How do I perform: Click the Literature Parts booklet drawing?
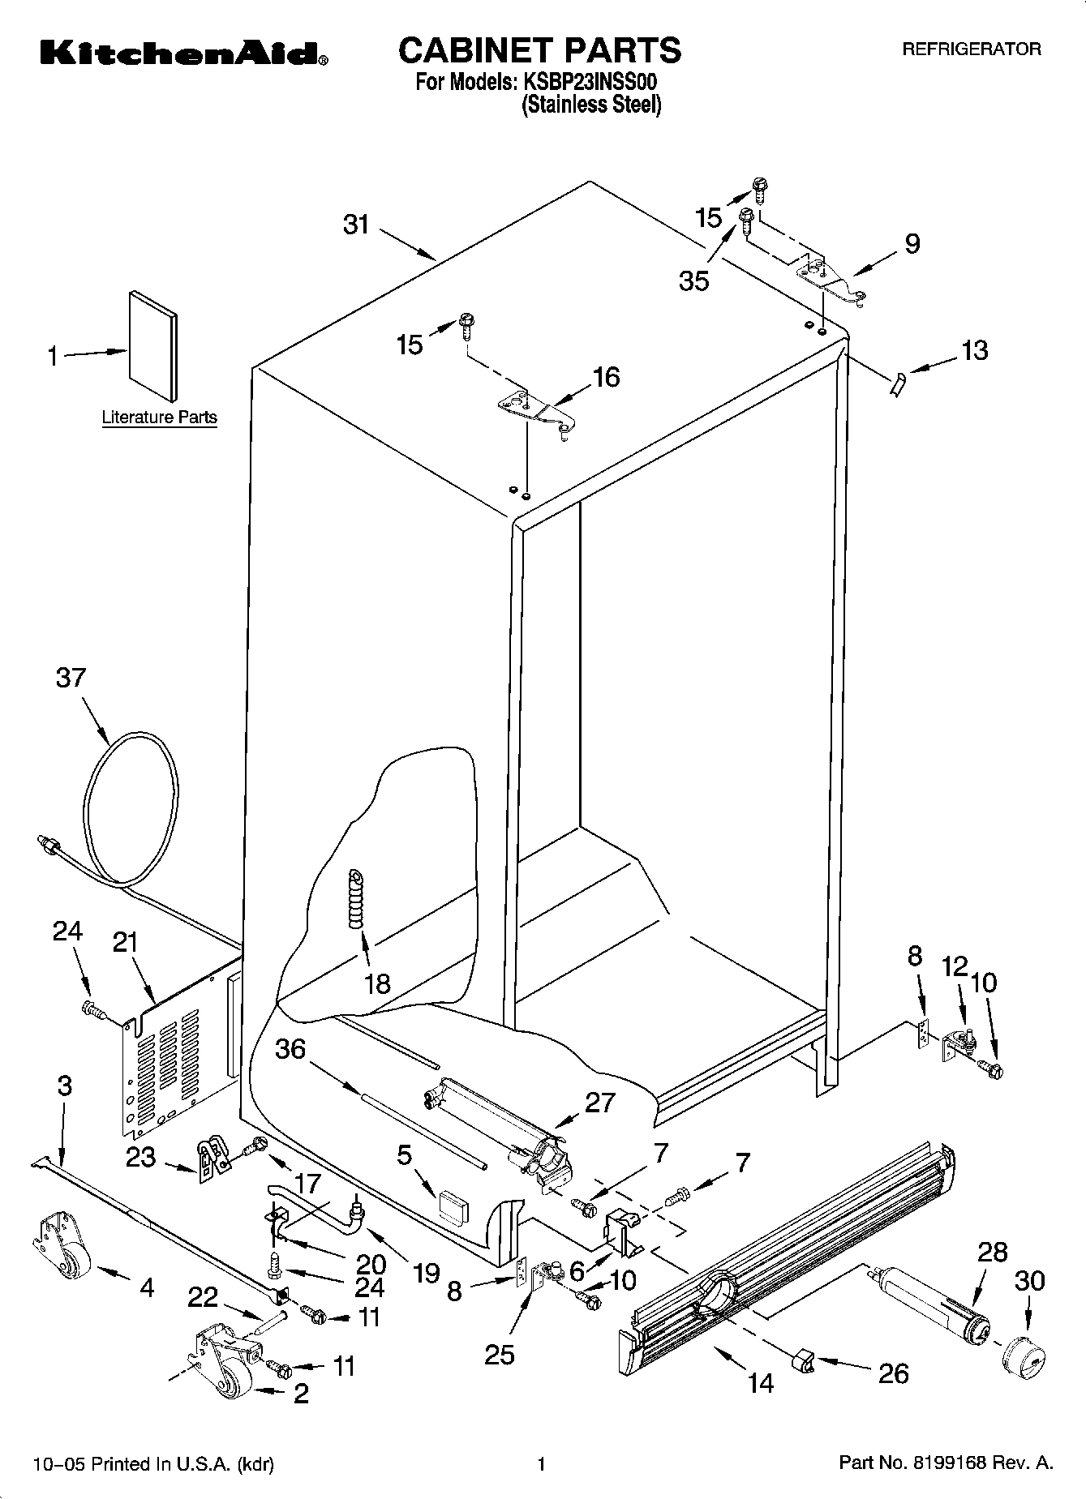[x=153, y=345]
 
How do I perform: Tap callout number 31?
[x=356, y=225]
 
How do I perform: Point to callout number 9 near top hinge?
[x=912, y=243]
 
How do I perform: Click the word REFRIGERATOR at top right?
[x=972, y=49]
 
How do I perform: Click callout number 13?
[x=974, y=350]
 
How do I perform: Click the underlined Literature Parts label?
[x=159, y=418]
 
